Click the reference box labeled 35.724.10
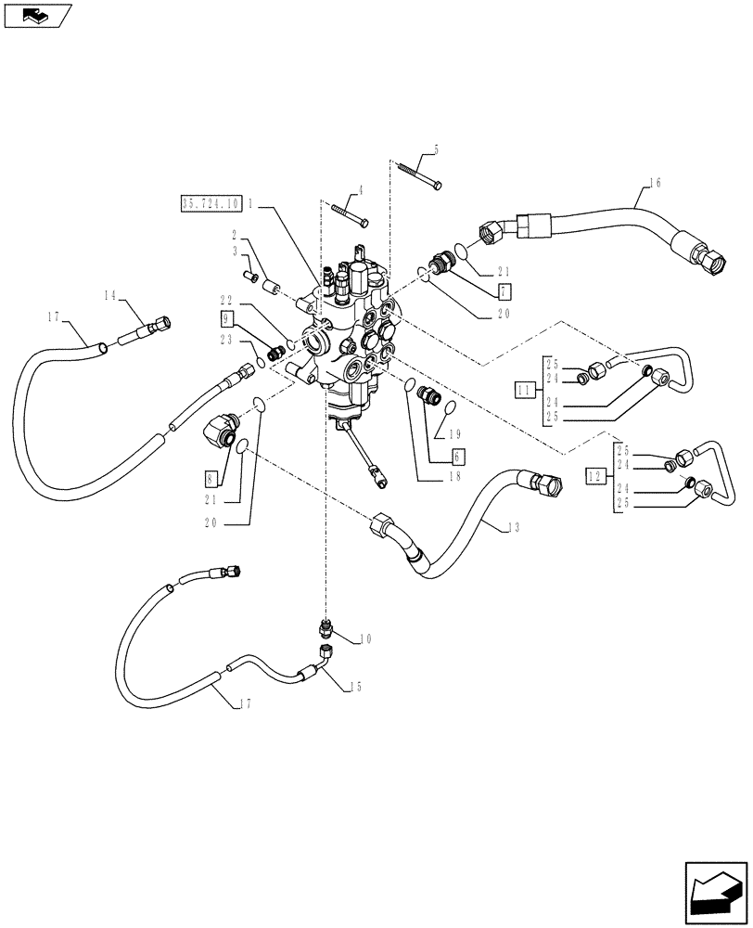[x=211, y=203]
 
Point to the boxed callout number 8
[x=211, y=479]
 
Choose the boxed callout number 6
[x=457, y=457]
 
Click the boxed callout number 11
[x=525, y=391]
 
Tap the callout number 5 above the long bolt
[x=436, y=149]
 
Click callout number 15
[x=355, y=688]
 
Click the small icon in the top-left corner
[x=36, y=15]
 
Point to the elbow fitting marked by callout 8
[x=221, y=430]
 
